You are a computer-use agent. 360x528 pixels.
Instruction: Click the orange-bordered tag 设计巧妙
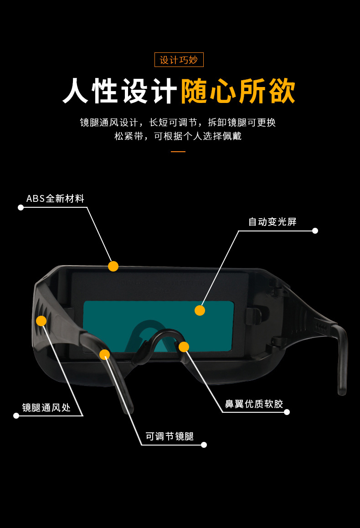point(179,60)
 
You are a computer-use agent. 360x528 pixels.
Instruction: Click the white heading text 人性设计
point(120,91)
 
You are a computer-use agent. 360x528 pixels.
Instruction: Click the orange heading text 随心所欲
point(238,91)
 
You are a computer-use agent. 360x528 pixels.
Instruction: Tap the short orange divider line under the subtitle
point(178,152)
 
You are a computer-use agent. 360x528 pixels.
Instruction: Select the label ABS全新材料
point(55,198)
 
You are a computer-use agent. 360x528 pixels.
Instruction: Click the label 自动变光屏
point(273,221)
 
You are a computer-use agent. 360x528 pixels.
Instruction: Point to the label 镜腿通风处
point(46,407)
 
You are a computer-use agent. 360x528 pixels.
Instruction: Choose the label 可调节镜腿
point(170,436)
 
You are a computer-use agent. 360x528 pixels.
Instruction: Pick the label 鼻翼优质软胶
point(254,404)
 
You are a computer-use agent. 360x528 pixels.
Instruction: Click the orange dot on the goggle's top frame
point(113,267)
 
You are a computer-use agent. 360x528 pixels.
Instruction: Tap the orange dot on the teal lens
point(200,311)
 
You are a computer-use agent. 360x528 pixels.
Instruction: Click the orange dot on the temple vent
point(41,321)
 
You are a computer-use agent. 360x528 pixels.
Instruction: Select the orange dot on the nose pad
point(184,347)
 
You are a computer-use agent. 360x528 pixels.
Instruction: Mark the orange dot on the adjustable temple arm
point(105,354)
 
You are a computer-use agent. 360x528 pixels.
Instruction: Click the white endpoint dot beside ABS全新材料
point(21,207)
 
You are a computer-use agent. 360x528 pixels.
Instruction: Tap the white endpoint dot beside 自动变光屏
point(315,231)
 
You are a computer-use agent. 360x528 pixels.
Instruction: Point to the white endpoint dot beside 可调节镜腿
point(204,445)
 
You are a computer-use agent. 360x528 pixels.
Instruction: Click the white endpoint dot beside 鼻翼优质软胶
point(287,412)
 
